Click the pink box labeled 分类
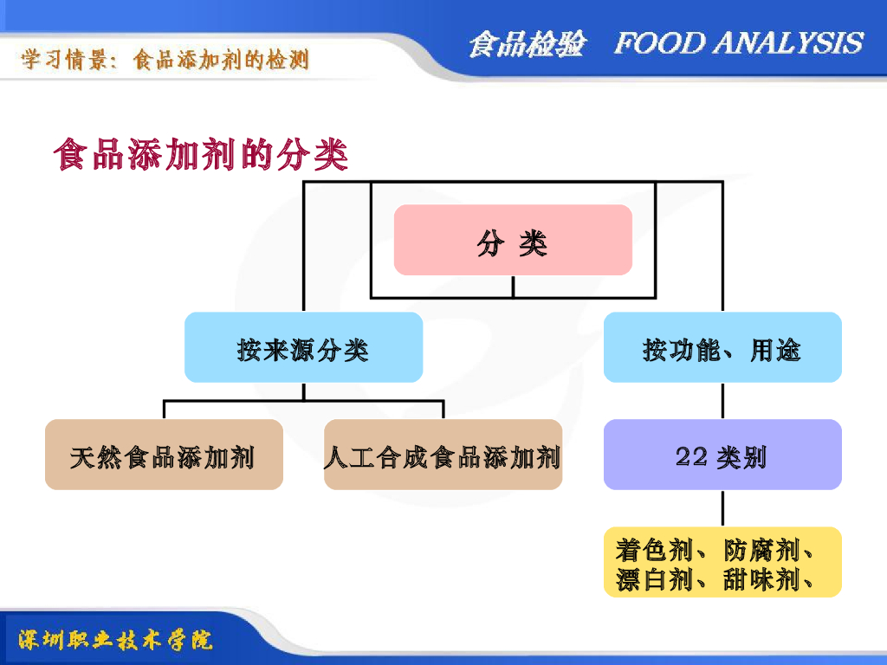pos(513,240)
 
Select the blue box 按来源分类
pos(303,347)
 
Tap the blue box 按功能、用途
pos(722,347)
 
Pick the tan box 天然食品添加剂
pos(164,455)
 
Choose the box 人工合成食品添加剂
pos(443,455)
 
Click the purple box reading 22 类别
pos(722,455)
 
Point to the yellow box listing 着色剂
pos(722,562)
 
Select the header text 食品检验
pos(527,43)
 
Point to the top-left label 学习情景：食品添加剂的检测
pos(165,60)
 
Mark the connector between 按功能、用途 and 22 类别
pos(722,401)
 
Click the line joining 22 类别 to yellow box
pos(722,508)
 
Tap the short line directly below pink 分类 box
pos(513,286)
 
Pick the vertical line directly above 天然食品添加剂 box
pos(164,410)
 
